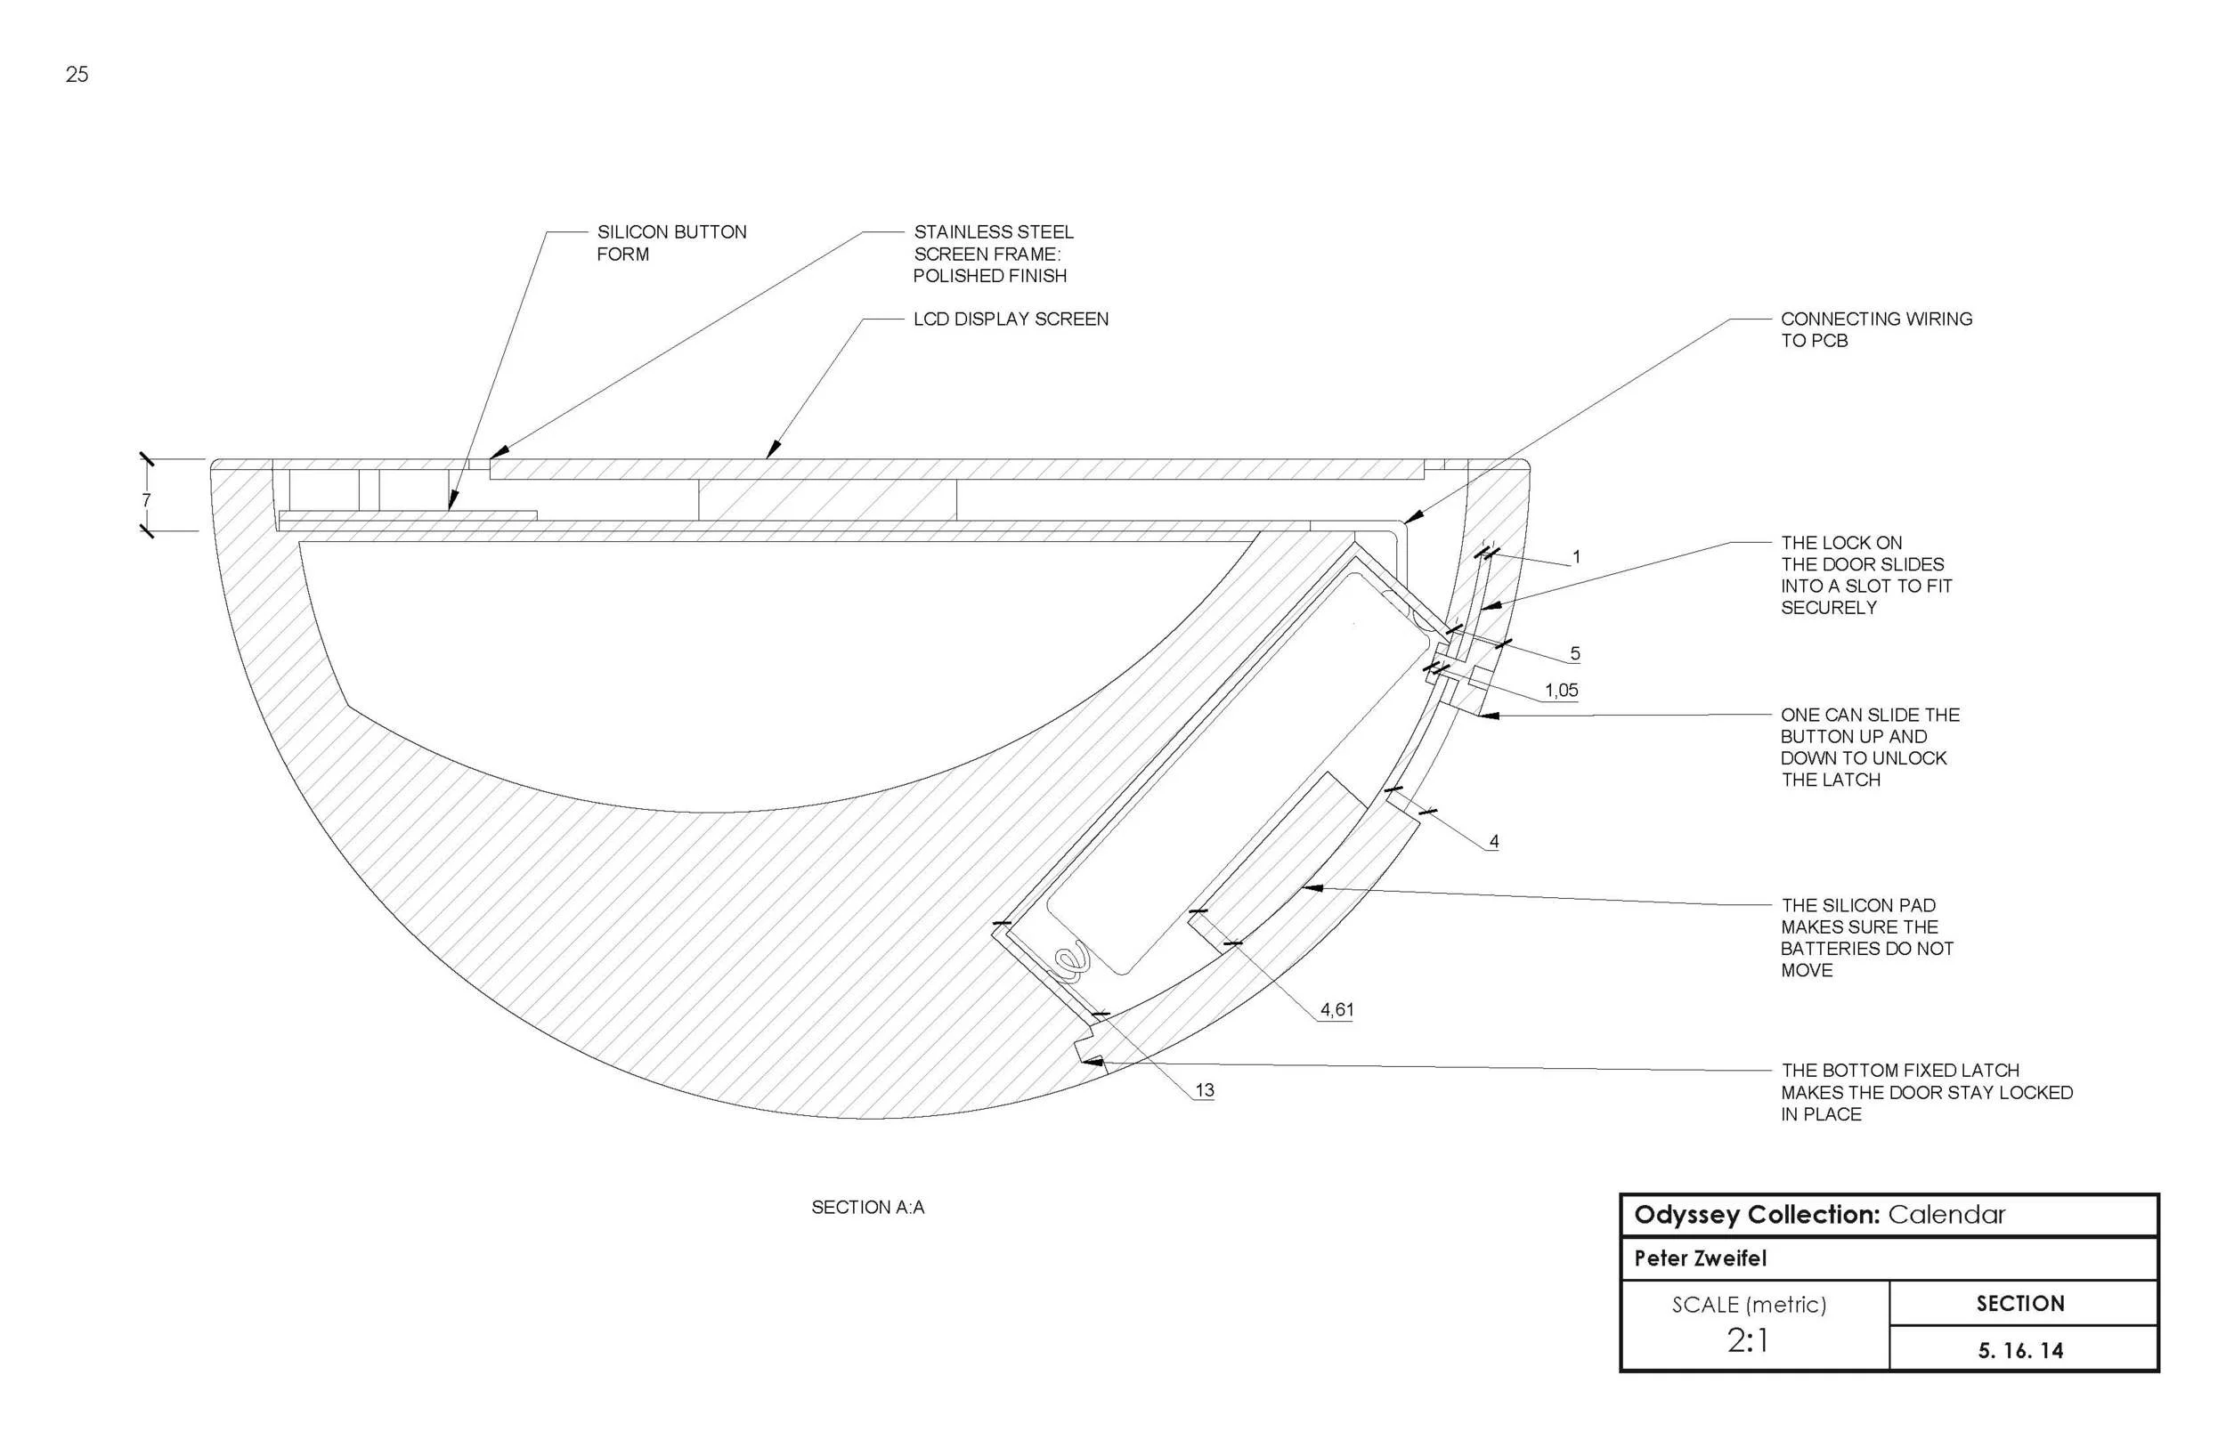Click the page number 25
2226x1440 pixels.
pyautogui.click(x=77, y=75)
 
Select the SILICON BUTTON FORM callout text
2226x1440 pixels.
pyautogui.click(x=670, y=243)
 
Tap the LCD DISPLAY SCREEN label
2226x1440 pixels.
pyautogui.click(x=1010, y=319)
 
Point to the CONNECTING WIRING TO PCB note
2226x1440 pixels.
pyautogui.click(x=1875, y=329)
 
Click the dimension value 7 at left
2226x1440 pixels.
pyautogui.click(x=146, y=500)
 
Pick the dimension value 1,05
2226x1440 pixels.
pyautogui.click(x=1561, y=691)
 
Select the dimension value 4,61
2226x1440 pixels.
pyautogui.click(x=1336, y=1010)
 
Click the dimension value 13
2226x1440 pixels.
pyautogui.click(x=1204, y=1090)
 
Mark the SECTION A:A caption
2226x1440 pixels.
pyautogui.click(x=867, y=1207)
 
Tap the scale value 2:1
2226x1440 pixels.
pyautogui.click(x=1747, y=1341)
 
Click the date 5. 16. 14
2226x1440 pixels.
pyautogui.click(x=2020, y=1350)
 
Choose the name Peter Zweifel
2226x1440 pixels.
pyautogui.click(x=1700, y=1258)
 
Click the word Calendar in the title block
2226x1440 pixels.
pyautogui.click(x=1946, y=1215)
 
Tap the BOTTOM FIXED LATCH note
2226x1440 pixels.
pyautogui.click(x=1926, y=1092)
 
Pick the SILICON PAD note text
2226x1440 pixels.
pyautogui.click(x=1866, y=938)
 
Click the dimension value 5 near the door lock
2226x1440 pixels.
pyautogui.click(x=1575, y=653)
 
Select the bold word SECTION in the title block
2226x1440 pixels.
pyautogui.click(x=2020, y=1304)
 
